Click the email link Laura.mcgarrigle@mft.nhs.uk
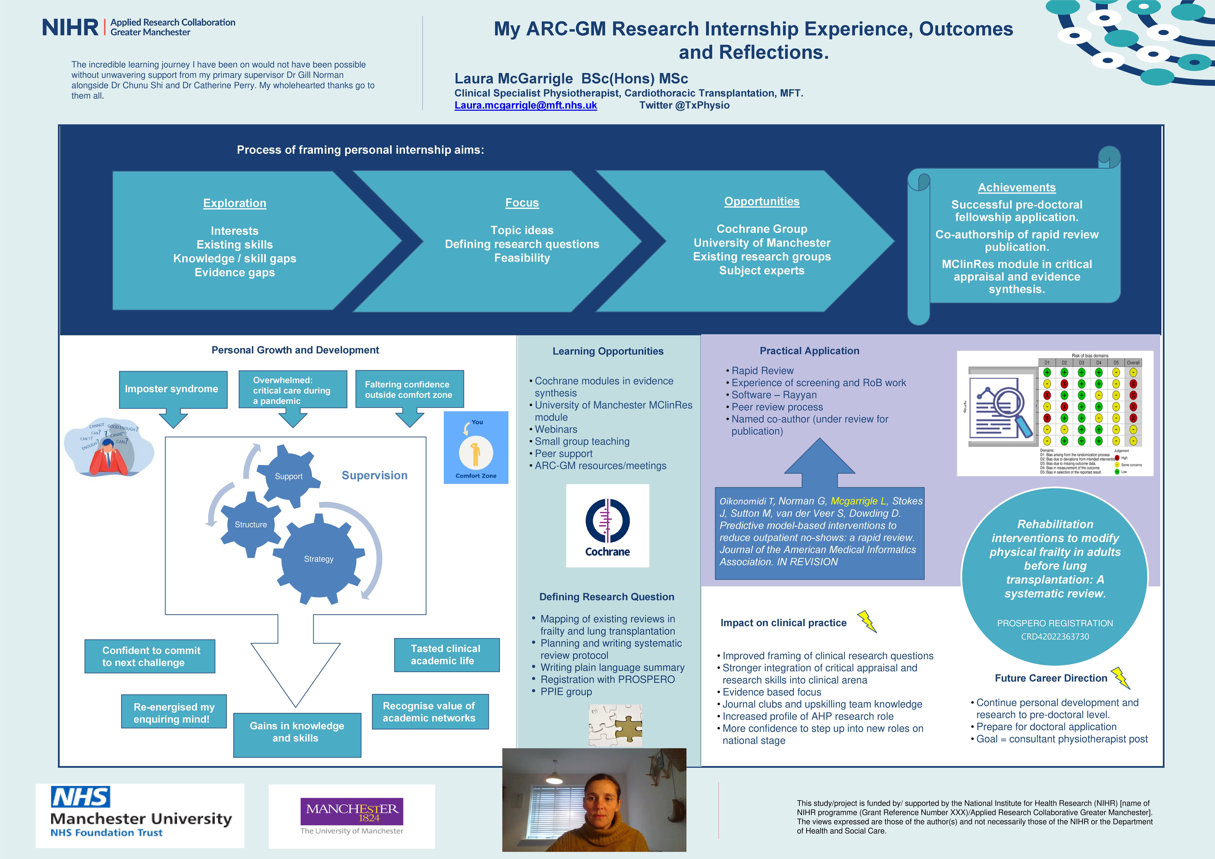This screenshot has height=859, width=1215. (x=525, y=105)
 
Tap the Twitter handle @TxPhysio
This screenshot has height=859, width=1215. (x=684, y=105)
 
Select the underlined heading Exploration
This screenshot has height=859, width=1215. (x=234, y=203)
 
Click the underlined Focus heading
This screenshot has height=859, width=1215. (x=522, y=203)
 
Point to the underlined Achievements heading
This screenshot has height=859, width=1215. (x=1017, y=187)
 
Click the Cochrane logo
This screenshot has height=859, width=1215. (x=608, y=526)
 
